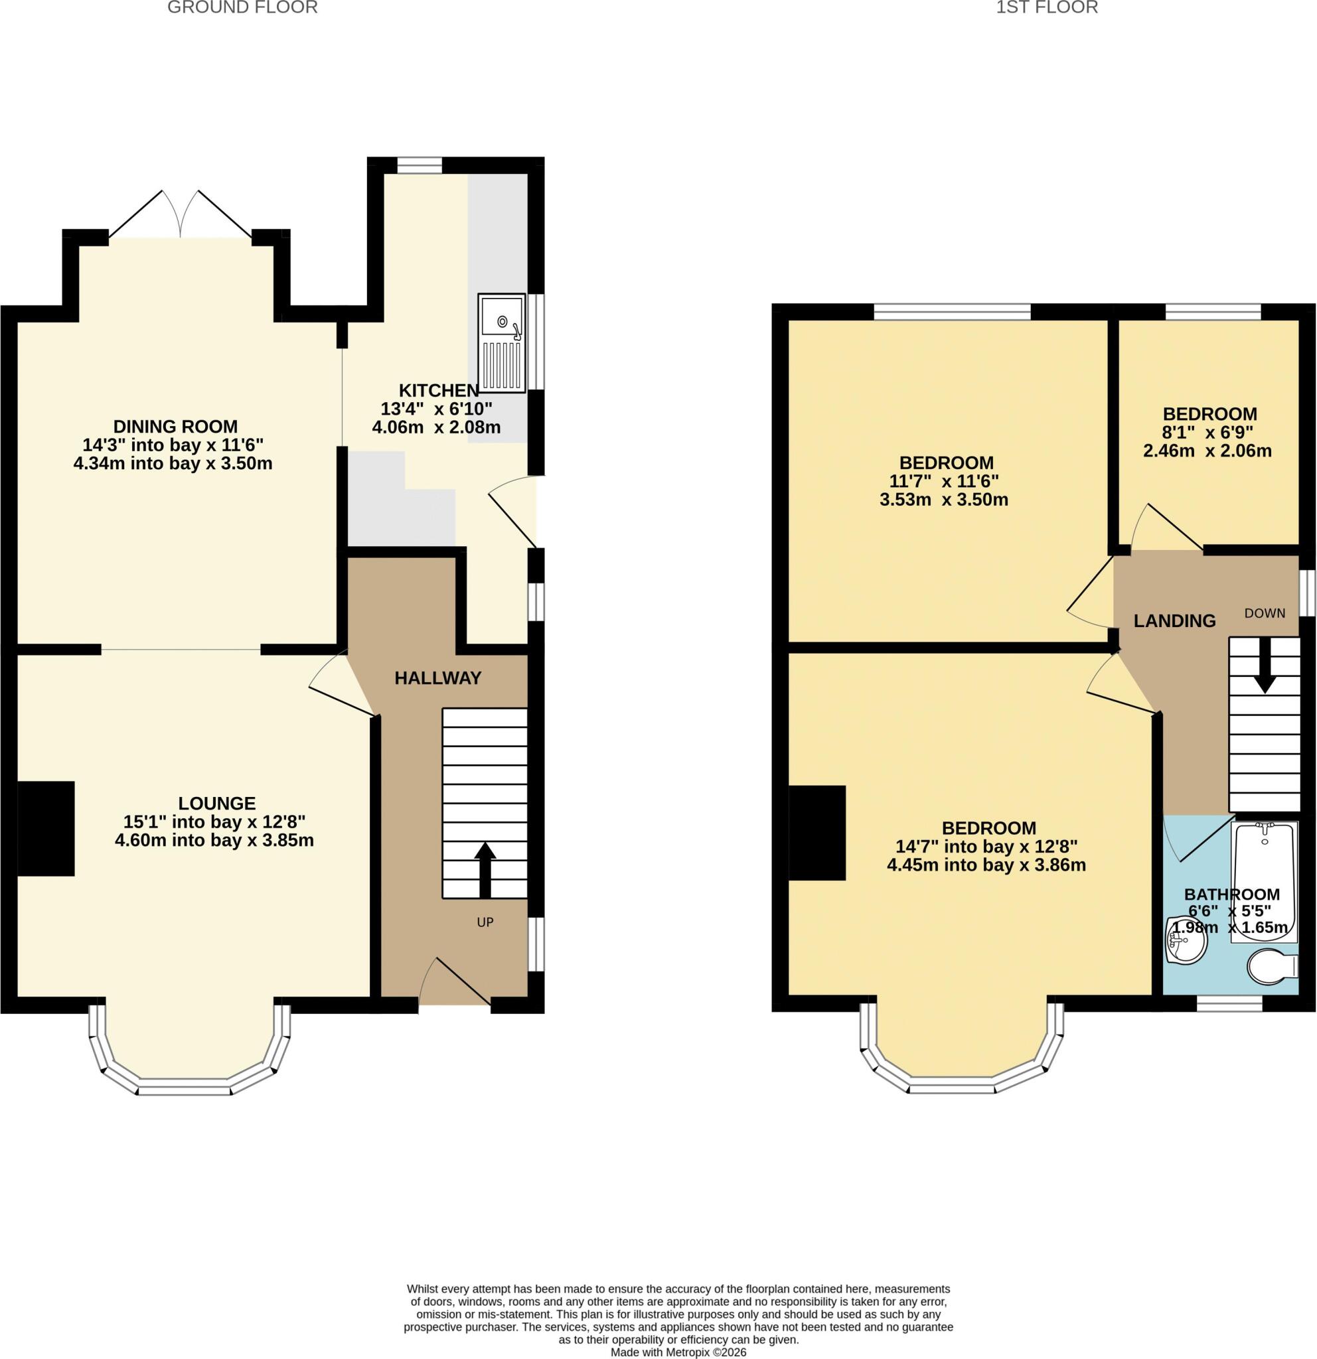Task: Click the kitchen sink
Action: pyautogui.click(x=501, y=343)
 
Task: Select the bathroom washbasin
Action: pyautogui.click(x=1187, y=940)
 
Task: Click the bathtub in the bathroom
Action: pyautogui.click(x=1264, y=882)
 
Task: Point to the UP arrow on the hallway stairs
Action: pyautogui.click(x=484, y=869)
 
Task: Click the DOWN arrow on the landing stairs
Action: pyautogui.click(x=1265, y=665)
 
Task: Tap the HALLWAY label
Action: pyautogui.click(x=437, y=678)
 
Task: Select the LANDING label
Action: pyautogui.click(x=1175, y=620)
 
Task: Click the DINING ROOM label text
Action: pyautogui.click(x=175, y=427)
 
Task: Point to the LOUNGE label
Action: pyautogui.click(x=217, y=803)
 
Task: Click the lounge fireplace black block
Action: pyautogui.click(x=46, y=829)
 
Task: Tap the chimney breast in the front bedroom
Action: pyautogui.click(x=817, y=833)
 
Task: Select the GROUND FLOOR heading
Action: pyautogui.click(x=243, y=7)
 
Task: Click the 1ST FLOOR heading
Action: pyautogui.click(x=1047, y=7)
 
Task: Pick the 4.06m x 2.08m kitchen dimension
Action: pyautogui.click(x=436, y=427)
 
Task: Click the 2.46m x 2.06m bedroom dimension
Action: pyautogui.click(x=1207, y=451)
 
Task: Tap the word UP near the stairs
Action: pyautogui.click(x=485, y=922)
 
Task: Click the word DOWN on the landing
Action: pyautogui.click(x=1265, y=613)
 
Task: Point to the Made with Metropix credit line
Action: pyautogui.click(x=678, y=1352)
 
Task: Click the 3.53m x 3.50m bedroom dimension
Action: pyautogui.click(x=944, y=499)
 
